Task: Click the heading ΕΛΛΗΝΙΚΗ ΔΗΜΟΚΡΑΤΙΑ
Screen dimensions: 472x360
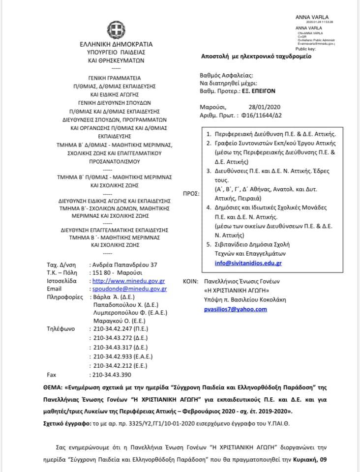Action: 116,44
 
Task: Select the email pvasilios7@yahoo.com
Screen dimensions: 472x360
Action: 235,309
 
